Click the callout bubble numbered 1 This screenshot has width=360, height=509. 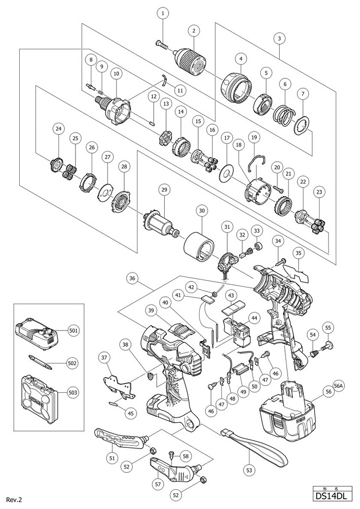coord(163,14)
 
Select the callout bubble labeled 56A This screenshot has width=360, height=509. coord(339,385)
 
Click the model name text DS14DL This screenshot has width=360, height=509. coord(332,496)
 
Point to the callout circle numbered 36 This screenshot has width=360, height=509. coord(134,278)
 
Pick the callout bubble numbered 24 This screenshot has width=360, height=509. coord(58,129)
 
